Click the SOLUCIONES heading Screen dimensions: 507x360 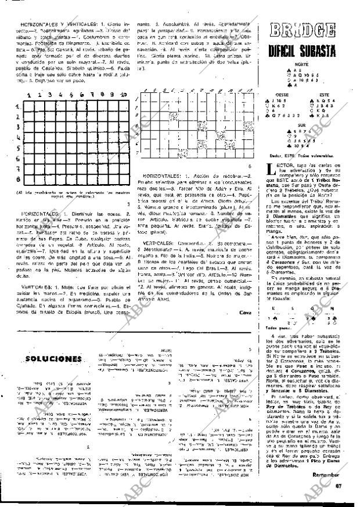click(53, 358)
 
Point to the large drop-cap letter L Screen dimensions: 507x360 click(268, 170)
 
